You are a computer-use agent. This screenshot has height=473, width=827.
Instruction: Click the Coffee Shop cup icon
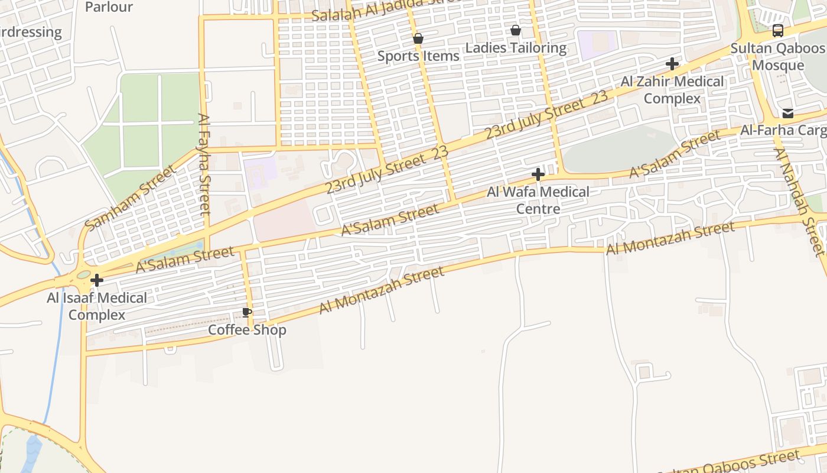click(x=247, y=313)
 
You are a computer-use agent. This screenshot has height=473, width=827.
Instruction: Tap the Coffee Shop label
click(x=247, y=330)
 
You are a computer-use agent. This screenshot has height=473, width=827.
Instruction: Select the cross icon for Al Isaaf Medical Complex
click(x=97, y=280)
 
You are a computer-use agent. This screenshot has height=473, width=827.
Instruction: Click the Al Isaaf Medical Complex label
click(x=97, y=306)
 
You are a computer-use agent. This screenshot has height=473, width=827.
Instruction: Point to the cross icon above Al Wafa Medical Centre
click(x=538, y=174)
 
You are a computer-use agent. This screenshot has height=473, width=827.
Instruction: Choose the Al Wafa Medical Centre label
click(x=538, y=200)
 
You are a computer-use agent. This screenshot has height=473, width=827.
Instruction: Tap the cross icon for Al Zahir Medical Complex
click(x=672, y=64)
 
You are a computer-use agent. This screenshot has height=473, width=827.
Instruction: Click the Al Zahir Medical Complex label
click(x=672, y=90)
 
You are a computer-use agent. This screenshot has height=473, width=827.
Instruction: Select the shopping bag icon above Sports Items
click(x=418, y=39)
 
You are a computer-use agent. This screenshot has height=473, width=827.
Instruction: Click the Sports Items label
click(x=418, y=56)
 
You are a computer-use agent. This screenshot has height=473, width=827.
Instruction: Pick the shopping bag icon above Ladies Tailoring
click(x=516, y=30)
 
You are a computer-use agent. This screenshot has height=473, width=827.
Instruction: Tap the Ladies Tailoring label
click(x=516, y=48)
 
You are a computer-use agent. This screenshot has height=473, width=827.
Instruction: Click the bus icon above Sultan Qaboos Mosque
click(x=778, y=31)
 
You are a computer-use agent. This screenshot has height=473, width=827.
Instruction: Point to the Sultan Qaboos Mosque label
click(x=778, y=57)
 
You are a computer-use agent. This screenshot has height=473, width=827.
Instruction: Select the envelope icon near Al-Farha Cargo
click(x=788, y=114)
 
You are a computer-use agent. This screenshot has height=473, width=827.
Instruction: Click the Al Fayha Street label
click(x=204, y=164)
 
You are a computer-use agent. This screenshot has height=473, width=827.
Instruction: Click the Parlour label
click(x=109, y=7)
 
